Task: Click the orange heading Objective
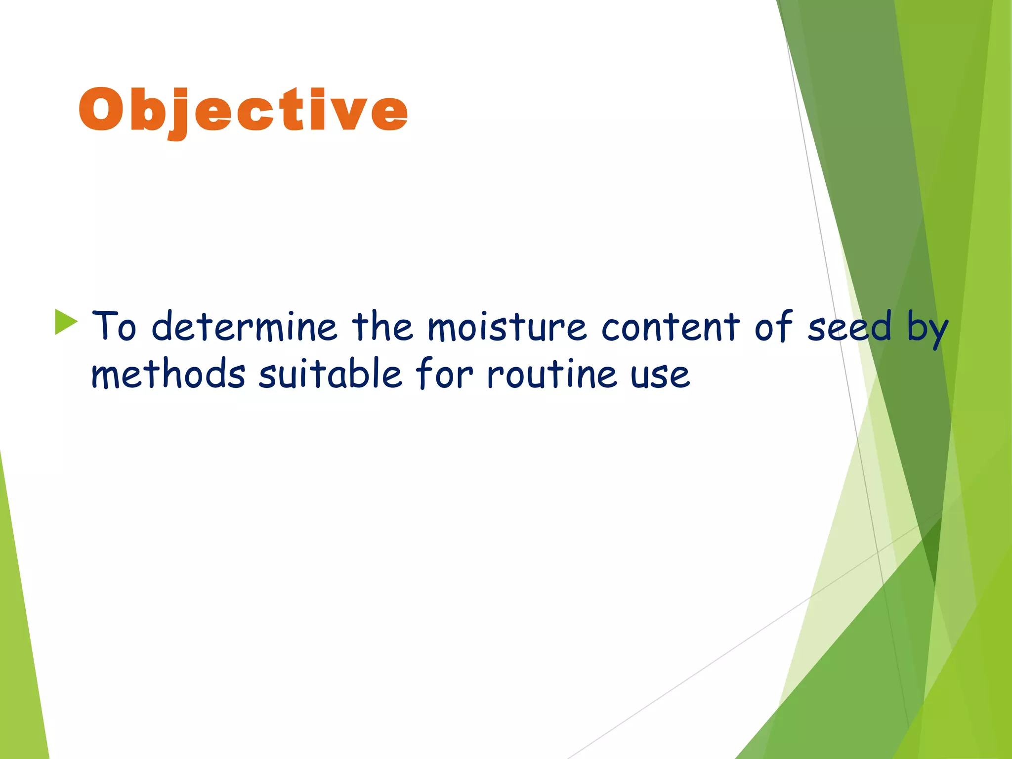(243, 111)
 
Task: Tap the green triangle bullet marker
(65, 322)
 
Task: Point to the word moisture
(506, 327)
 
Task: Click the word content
(671, 327)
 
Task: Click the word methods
(168, 374)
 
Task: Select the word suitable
(330, 374)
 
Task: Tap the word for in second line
(444, 374)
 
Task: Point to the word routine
(551, 374)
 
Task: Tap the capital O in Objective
(100, 110)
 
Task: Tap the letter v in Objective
(349, 114)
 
